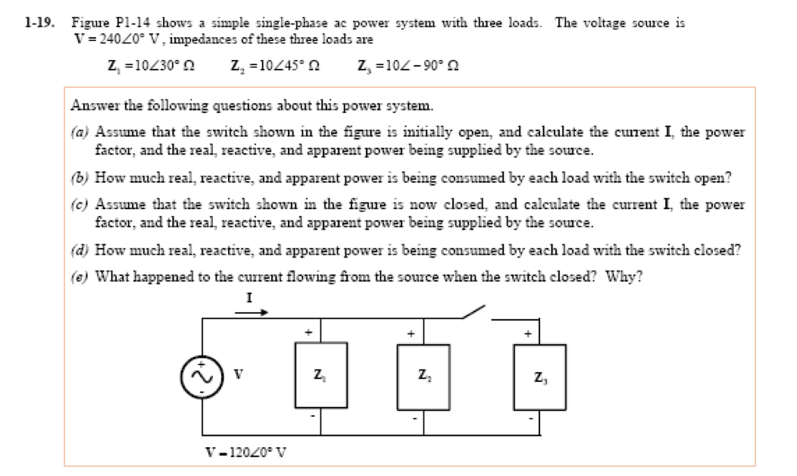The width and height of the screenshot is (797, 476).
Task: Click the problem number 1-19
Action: point(37,23)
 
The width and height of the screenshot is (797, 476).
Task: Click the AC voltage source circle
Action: point(201,376)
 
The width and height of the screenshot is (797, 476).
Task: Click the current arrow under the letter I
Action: point(252,312)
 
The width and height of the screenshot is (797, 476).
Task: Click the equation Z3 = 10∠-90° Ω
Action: point(409,66)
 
